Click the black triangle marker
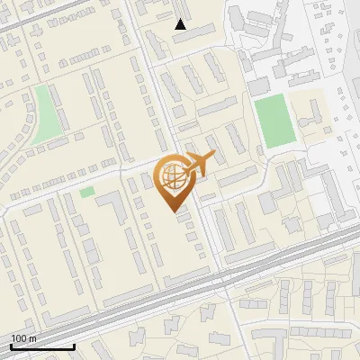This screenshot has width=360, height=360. (x=181, y=24)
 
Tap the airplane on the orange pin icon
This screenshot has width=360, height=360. (x=199, y=164)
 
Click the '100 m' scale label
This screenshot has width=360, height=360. (x=24, y=338)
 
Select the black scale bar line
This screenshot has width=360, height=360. (x=42, y=346)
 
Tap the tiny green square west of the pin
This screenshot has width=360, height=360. (x=86, y=192)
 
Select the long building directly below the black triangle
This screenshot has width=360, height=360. (x=193, y=37)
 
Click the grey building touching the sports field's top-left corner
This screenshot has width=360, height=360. (x=258, y=86)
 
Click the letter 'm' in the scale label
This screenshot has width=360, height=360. (x=33, y=338)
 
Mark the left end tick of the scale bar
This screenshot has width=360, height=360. (x=12, y=345)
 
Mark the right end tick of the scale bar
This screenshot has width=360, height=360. (x=74, y=345)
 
